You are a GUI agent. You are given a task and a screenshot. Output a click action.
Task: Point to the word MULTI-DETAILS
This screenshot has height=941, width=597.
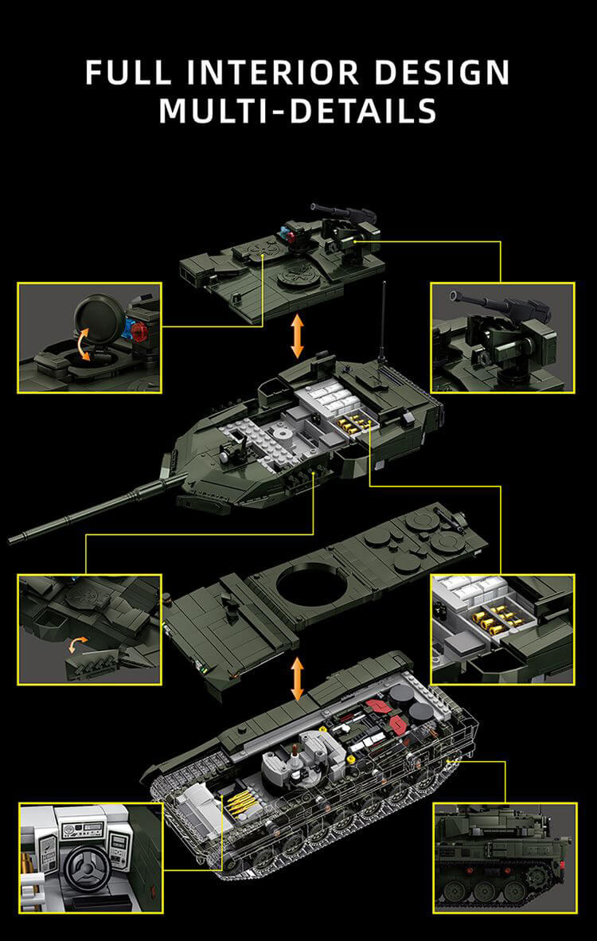point(298,110)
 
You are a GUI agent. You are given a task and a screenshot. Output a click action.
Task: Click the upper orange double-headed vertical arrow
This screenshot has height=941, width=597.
point(298,335)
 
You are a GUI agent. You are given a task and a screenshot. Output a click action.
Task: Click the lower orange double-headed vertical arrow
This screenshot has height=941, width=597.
point(298,678)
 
